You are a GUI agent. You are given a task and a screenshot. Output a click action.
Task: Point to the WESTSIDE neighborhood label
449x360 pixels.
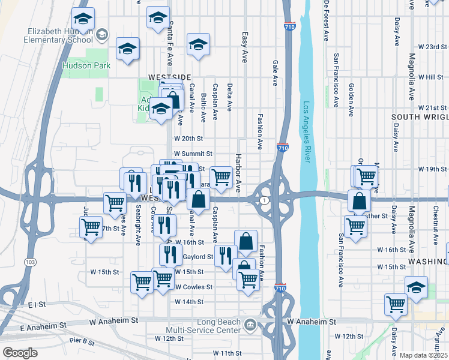[x=169, y=77]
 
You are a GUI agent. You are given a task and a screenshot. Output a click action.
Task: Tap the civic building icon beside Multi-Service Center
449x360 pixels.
[x=250, y=326]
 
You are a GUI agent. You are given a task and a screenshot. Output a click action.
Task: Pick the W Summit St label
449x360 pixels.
[x=193, y=154]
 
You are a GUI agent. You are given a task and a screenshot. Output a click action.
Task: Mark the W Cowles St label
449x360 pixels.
[x=193, y=287]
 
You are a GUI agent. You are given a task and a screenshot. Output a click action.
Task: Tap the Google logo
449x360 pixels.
[x=19, y=353]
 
